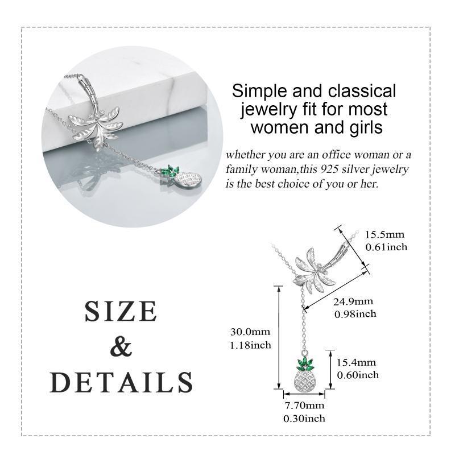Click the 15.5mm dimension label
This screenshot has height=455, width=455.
(384, 234)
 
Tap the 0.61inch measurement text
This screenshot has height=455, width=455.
(386, 247)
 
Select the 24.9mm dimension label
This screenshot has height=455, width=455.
(353, 301)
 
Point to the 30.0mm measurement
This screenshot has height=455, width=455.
(250, 332)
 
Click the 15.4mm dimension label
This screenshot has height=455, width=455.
(356, 362)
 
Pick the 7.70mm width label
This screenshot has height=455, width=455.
(304, 405)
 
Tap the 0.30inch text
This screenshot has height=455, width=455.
(304, 418)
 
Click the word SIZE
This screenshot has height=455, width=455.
(121, 311)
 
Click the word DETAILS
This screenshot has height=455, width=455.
(121, 382)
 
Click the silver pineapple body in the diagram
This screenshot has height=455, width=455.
(305, 379)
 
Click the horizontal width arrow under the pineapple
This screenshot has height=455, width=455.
(304, 394)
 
